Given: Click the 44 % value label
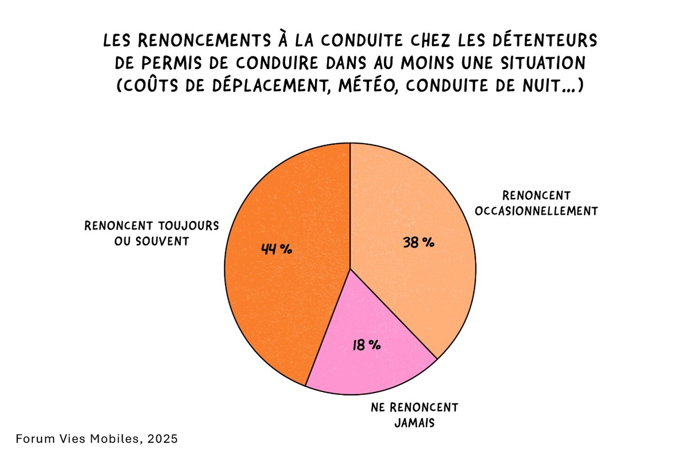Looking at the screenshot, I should point(276,248).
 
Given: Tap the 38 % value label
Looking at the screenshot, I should point(418,242).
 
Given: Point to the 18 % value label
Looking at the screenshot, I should point(367,345).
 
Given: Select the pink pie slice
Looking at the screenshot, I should point(371,362).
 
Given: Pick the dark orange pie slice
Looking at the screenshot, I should point(287,292).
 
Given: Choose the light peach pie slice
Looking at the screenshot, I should point(414,202).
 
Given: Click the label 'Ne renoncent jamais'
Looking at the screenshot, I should point(414,415).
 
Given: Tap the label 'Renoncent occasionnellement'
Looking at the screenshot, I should point(536,203).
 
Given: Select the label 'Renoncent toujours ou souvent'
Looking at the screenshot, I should point(151,233).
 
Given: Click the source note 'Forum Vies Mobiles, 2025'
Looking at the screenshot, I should point(97,439).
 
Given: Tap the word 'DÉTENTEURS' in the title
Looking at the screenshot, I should point(544,40).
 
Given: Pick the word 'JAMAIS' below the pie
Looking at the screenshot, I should point(414,423).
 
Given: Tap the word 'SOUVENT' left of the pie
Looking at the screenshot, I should point(162,241).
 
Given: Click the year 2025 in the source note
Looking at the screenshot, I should point(162,439).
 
